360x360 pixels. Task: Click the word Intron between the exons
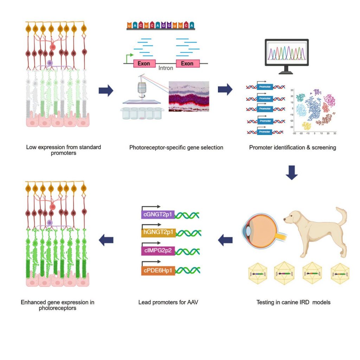tap(166, 68)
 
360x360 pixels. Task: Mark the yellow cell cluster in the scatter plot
tap(306, 126)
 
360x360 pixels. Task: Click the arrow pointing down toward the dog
tap(291, 172)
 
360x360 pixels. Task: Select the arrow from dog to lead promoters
tap(226, 240)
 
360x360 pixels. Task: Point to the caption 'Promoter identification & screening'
tap(292, 147)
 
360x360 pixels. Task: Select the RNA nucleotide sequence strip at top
tap(161, 26)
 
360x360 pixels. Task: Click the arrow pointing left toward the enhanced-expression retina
tap(106, 240)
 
